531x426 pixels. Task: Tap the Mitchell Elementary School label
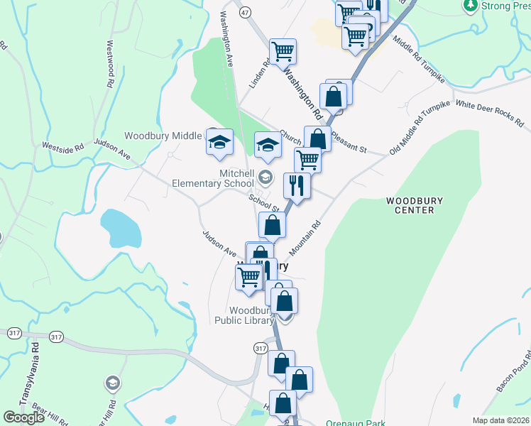pyautogui.click(x=213, y=178)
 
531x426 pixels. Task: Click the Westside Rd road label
pyautogui.click(x=62, y=147)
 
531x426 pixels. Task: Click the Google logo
pyautogui.click(x=23, y=417)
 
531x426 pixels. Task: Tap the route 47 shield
pyautogui.click(x=245, y=13)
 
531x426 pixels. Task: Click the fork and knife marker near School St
pyautogui.click(x=295, y=185)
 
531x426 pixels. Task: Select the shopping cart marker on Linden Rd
pyautogui.click(x=283, y=51)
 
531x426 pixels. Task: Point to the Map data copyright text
pyautogui.click(x=501, y=420)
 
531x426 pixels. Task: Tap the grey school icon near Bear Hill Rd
pyautogui.click(x=111, y=384)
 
